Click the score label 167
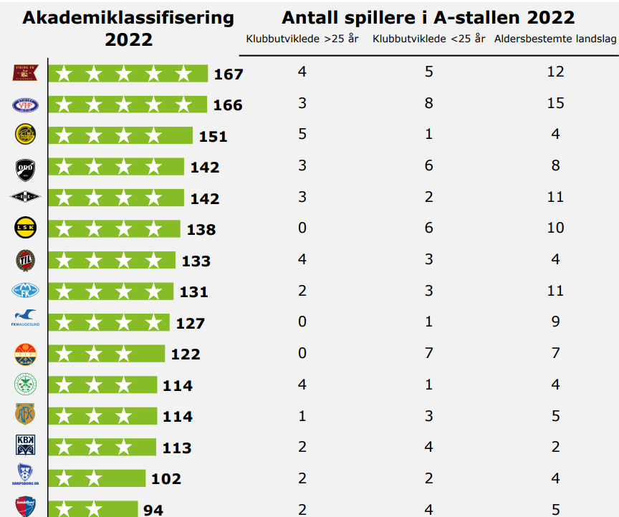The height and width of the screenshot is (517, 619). click(229, 74)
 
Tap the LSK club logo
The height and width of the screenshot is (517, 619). click(26, 228)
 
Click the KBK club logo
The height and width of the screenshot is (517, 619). click(25, 445)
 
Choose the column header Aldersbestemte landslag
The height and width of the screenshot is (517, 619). click(555, 39)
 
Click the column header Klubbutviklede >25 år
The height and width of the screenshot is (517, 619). click(302, 39)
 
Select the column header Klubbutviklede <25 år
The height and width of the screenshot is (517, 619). click(428, 39)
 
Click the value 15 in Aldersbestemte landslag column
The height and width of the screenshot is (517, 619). click(555, 103)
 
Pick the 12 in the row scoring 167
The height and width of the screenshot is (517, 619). click(555, 72)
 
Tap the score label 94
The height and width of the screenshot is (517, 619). click(153, 510)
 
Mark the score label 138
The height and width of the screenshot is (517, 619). click(201, 230)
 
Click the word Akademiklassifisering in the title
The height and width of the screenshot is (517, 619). click(128, 17)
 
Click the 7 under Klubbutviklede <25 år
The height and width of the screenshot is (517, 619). click(428, 353)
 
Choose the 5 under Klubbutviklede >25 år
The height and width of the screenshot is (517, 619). click(302, 134)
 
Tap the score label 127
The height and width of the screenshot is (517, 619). click(191, 324)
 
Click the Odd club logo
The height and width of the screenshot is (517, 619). click(25, 168)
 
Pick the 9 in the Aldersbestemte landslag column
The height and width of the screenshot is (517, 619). click(555, 322)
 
